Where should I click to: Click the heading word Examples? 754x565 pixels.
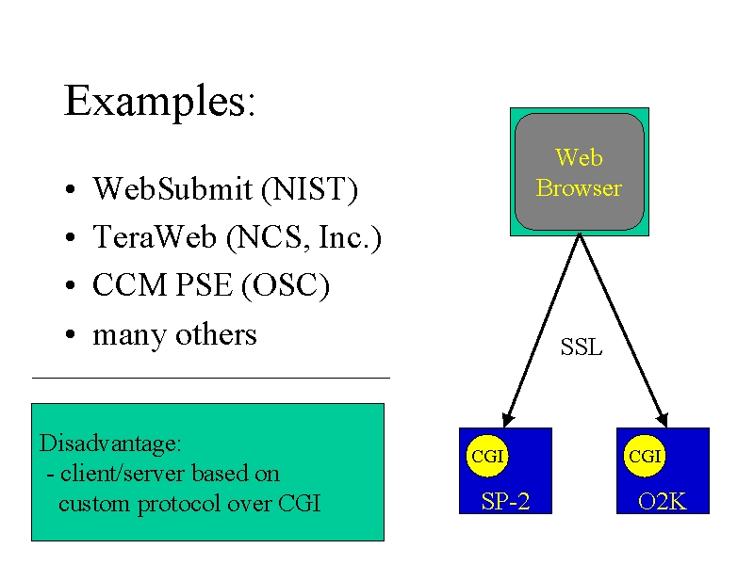(156, 102)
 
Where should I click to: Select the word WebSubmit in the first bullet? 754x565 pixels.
(172, 188)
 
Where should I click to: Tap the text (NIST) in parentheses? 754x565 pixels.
(310, 189)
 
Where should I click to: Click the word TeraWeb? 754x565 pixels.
(155, 236)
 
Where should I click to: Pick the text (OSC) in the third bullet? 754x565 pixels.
(286, 286)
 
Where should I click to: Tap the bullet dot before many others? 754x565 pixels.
(70, 334)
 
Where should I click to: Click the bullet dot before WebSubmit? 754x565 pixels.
(70, 189)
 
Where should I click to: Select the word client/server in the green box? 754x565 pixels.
(123, 474)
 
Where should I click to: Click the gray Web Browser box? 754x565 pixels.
(580, 172)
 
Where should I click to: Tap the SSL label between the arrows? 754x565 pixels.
(582, 347)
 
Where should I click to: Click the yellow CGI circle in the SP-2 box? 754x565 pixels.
(487, 456)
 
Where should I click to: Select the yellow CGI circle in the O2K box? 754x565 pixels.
(645, 456)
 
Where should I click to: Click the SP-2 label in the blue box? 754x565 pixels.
(505, 502)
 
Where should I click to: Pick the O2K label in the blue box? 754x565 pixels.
(663, 502)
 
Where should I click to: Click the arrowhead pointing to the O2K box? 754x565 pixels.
(663, 419)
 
